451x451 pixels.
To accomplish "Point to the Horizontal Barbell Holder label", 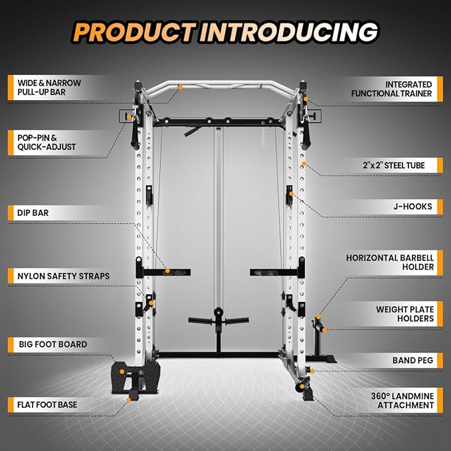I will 390,262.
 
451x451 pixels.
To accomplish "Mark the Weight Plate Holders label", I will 405,314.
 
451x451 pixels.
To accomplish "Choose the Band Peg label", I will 412,360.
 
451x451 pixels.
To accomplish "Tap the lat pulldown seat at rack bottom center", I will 218,320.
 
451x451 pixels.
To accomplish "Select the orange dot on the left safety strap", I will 168,271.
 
